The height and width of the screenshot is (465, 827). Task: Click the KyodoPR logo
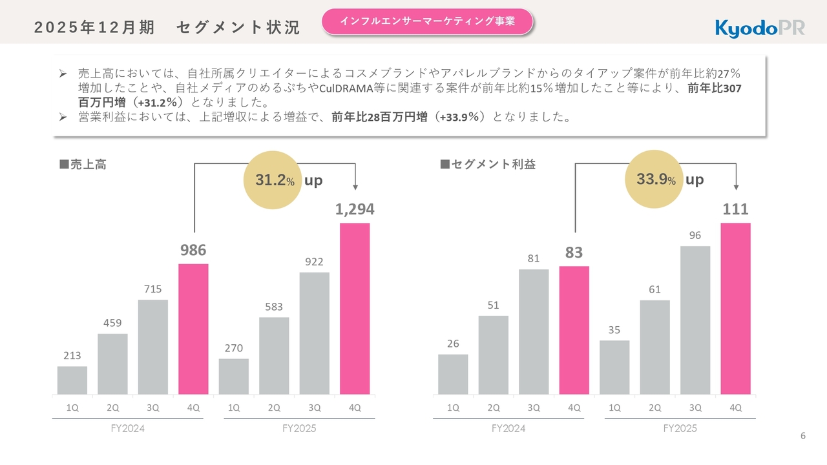coord(760,28)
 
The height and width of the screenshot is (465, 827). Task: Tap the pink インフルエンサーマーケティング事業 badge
coord(427,21)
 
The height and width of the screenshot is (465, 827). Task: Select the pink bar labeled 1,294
coord(355,308)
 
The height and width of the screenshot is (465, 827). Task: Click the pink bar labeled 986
coord(193,329)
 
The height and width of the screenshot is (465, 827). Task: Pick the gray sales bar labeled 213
coord(72,380)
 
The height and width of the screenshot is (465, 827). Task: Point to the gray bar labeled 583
coord(274,355)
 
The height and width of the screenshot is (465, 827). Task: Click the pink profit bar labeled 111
coord(735,308)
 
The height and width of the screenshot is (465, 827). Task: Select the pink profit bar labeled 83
coord(574,330)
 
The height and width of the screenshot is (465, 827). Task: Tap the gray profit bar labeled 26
coord(453,374)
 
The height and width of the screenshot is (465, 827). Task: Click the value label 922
coord(314,262)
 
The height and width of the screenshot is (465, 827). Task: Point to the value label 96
coord(695,236)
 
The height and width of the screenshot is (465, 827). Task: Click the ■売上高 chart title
coord(83,165)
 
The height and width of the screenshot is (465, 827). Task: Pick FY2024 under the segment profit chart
coord(508,429)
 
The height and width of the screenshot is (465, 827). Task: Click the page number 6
coord(803,436)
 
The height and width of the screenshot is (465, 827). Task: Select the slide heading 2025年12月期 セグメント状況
coord(167,28)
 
